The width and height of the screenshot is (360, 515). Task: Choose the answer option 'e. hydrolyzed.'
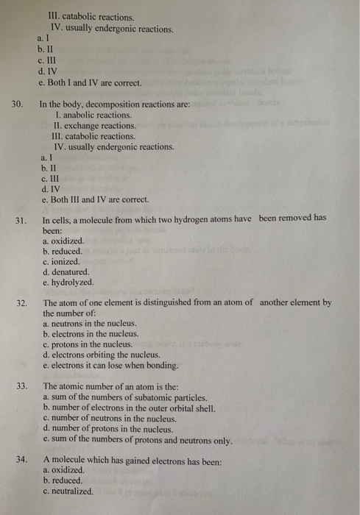coord(68,282)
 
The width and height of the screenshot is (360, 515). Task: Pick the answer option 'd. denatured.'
coord(66,271)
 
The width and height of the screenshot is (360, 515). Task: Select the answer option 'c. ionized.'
coord(61,261)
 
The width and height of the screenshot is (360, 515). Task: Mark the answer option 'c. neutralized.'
coord(68,491)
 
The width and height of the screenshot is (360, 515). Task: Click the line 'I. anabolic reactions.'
coord(93,116)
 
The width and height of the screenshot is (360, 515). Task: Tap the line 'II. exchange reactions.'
coord(95,126)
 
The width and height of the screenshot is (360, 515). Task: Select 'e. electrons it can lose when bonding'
coord(111,365)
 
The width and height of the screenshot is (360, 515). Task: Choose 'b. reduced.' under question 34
coord(63,480)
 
